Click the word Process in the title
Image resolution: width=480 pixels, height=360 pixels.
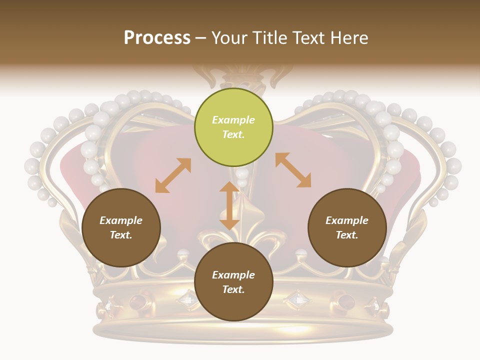[x=157, y=38]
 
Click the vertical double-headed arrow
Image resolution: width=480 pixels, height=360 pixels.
[x=229, y=205]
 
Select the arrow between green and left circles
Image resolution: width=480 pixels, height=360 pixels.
[x=173, y=175]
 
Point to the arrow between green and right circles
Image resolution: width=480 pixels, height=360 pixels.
[x=293, y=170]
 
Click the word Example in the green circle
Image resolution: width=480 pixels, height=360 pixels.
[x=233, y=120]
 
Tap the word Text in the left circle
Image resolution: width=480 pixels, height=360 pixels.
[x=121, y=235]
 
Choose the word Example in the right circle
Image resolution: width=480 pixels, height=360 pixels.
[x=347, y=220]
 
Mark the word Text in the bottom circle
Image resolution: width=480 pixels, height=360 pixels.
[x=233, y=289]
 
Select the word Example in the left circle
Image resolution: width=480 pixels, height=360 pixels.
[x=121, y=220]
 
